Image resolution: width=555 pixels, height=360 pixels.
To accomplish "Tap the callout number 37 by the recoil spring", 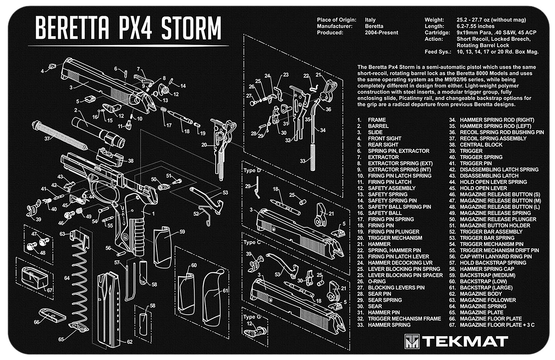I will (47, 139).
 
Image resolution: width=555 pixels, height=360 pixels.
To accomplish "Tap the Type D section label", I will (252, 171).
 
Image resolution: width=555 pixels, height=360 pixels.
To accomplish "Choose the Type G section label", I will (252, 317).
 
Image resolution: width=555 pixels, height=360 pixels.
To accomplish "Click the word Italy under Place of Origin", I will (370, 20).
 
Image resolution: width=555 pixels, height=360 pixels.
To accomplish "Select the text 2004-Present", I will (381, 33).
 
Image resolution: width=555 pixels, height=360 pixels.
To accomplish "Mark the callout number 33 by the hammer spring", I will (303, 161).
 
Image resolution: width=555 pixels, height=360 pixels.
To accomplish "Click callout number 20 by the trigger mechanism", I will (204, 145).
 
